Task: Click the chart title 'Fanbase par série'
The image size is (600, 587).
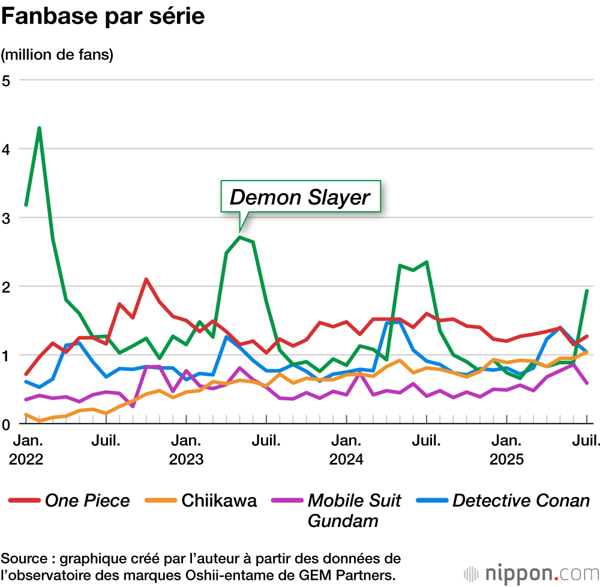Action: click(103, 17)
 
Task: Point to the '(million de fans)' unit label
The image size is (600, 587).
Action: click(57, 55)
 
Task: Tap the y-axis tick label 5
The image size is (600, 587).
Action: click(7, 80)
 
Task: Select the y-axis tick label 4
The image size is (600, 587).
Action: click(7, 149)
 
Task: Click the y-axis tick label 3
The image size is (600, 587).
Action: click(7, 217)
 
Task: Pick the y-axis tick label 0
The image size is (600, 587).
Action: click(7, 424)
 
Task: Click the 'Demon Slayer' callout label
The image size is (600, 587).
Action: click(300, 197)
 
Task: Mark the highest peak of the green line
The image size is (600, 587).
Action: click(40, 128)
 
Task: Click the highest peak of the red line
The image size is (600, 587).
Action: click(146, 279)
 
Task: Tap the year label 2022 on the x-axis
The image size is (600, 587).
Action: click(26, 460)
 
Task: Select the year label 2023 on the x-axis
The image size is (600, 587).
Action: click(186, 460)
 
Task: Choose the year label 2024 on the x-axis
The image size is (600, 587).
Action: click(346, 460)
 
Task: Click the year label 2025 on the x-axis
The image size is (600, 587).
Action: click(506, 460)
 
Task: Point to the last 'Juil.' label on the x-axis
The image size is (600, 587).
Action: click(585, 442)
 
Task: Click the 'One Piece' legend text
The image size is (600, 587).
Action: click(87, 501)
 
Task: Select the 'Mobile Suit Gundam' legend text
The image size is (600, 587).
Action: click(354, 510)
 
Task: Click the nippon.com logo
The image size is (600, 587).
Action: click(528, 571)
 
